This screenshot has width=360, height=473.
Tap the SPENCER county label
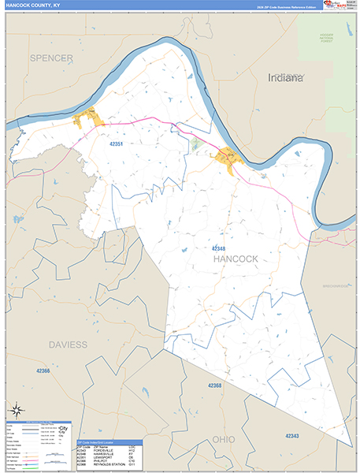point(51,58)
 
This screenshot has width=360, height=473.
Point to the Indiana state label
point(285,79)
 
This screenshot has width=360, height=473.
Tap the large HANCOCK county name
point(236,259)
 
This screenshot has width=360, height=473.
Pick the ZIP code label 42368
point(216,385)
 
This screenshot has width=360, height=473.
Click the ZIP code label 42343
point(291,436)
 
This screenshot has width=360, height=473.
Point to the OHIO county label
point(224,438)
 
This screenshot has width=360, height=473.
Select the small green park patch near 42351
point(195,144)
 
